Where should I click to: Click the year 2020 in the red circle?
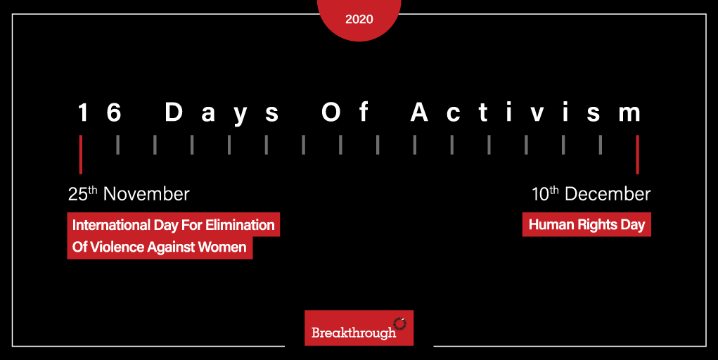coord(359,19)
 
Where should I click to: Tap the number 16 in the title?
coord(99,112)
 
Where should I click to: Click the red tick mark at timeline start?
coord(81,154)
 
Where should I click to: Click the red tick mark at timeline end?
coord(637,154)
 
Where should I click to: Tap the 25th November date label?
coord(129,194)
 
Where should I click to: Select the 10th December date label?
coord(591,194)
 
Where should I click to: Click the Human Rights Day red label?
coord(586,225)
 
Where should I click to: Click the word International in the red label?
coord(111,226)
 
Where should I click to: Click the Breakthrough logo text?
coord(353,333)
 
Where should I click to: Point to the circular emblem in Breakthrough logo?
coord(399,323)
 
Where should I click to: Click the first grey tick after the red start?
coord(118,144)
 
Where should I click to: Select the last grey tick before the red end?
coord(600,144)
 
